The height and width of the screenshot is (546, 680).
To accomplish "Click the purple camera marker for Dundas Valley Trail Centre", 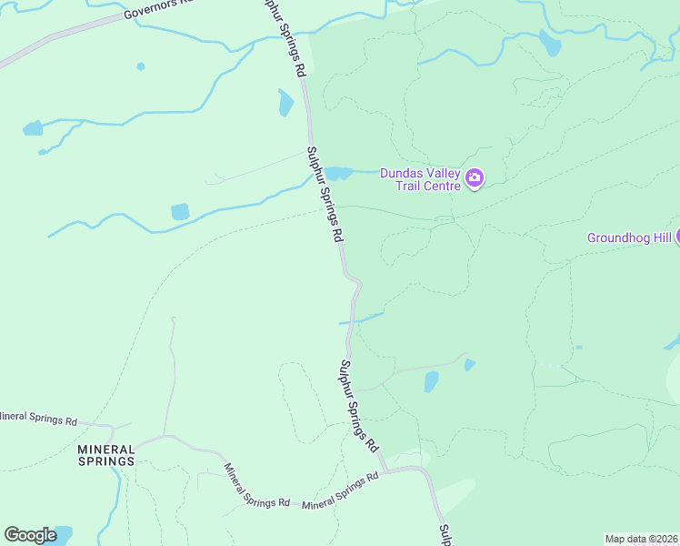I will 475,178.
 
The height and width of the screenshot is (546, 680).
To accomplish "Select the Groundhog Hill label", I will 628,238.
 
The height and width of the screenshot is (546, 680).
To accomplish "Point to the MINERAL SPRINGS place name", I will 106,455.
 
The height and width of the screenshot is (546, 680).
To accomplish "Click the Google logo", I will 31,535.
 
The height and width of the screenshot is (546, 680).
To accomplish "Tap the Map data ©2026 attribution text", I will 642,539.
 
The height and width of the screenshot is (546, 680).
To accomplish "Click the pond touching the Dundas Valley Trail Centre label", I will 338,173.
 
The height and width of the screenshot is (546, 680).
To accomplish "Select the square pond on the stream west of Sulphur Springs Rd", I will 180,212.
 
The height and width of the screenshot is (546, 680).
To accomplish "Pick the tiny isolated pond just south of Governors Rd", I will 140,66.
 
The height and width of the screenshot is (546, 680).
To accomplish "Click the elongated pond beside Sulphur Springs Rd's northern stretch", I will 286,103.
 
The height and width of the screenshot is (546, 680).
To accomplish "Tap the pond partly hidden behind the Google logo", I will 62,532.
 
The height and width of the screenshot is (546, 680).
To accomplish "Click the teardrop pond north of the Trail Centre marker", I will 550,42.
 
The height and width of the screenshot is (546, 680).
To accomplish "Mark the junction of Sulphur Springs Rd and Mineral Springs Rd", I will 385,471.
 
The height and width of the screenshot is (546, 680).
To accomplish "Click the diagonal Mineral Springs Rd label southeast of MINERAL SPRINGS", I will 256,485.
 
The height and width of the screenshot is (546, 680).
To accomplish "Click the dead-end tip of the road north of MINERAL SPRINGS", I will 172,319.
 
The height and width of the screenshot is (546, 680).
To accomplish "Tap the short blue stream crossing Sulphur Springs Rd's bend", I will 361,318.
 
